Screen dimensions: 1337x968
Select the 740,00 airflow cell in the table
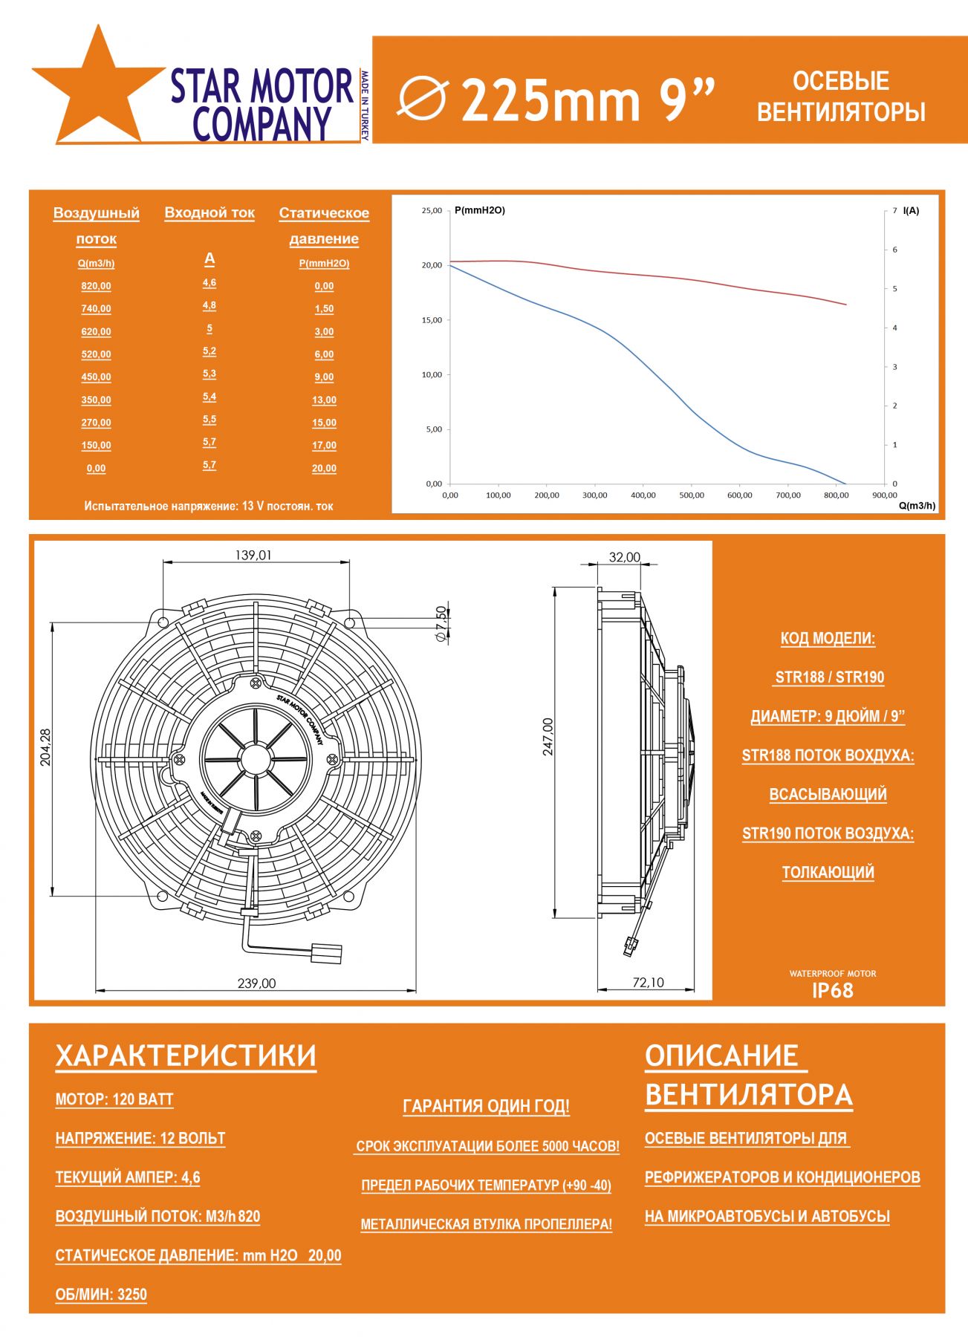96,309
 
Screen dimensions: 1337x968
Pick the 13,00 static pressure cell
324,400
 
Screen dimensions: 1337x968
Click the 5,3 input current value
209,374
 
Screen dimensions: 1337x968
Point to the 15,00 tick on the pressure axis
432,320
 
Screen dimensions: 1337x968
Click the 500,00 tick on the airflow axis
692,495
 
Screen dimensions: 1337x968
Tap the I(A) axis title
911,211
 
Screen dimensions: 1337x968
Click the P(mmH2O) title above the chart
480,211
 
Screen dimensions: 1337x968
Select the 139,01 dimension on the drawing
253,556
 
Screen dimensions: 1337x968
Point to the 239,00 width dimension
256,983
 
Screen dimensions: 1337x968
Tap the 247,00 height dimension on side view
548,737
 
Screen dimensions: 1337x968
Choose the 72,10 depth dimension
648,983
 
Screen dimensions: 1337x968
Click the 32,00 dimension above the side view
624,557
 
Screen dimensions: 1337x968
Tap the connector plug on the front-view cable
327,953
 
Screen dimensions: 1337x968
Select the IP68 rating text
832,991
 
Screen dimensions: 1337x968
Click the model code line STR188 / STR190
829,677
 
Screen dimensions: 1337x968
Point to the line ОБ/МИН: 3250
101,1295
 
